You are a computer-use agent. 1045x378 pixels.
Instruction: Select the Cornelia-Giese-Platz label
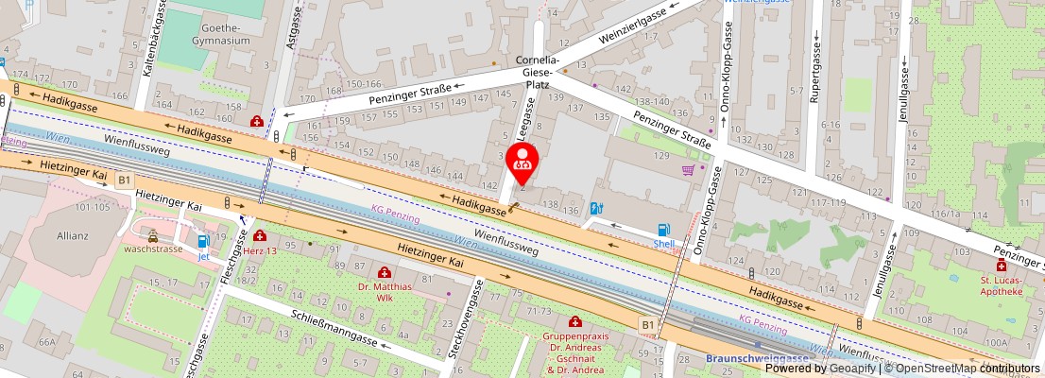537,72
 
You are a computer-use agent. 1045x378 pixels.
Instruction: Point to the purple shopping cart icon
689,170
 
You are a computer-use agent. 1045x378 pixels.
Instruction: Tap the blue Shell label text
664,243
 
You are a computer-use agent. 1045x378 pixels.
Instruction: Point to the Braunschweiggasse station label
756,359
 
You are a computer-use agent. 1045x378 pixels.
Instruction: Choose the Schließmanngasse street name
334,327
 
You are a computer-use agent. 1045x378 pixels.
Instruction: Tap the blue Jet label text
202,256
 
